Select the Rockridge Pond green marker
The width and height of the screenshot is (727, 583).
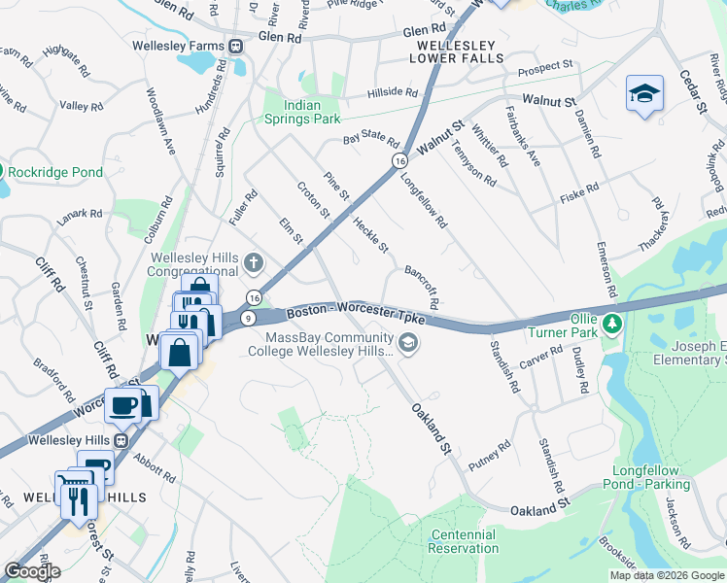(3, 172)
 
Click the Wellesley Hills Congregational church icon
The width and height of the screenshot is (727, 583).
(253, 262)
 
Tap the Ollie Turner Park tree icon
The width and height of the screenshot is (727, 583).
(611, 322)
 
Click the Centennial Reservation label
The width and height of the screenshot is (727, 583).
(465, 542)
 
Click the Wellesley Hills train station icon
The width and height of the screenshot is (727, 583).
(121, 440)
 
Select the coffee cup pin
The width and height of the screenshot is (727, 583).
(123, 404)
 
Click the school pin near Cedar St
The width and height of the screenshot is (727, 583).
(644, 94)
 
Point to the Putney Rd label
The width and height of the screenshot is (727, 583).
(489, 452)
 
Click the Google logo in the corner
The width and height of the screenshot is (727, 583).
(32, 571)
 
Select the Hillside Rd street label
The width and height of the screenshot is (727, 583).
(393, 93)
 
